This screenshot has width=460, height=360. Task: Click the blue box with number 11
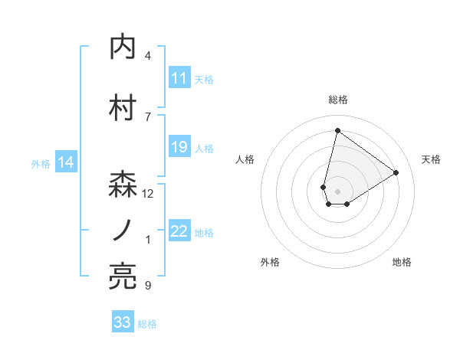pos(179,78)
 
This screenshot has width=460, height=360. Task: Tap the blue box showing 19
pos(179,147)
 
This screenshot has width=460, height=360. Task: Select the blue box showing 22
pos(179,231)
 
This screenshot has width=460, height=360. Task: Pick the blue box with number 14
pos(66,162)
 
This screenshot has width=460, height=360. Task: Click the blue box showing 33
pos(123,322)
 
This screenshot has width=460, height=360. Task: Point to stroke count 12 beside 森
pos(148,194)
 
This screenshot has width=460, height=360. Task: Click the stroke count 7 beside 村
pos(148,116)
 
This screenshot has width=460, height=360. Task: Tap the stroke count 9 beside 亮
pos(148,286)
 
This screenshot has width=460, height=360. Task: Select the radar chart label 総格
pos(337,100)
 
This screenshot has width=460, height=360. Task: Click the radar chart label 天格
pos(432,159)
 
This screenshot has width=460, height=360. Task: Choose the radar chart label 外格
pos(270,262)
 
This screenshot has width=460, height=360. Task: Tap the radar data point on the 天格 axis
pos(396,172)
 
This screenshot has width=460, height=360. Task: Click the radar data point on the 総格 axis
pos(337,131)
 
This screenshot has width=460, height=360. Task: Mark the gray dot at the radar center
pos(337,190)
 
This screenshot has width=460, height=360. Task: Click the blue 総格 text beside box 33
pos(147,324)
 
